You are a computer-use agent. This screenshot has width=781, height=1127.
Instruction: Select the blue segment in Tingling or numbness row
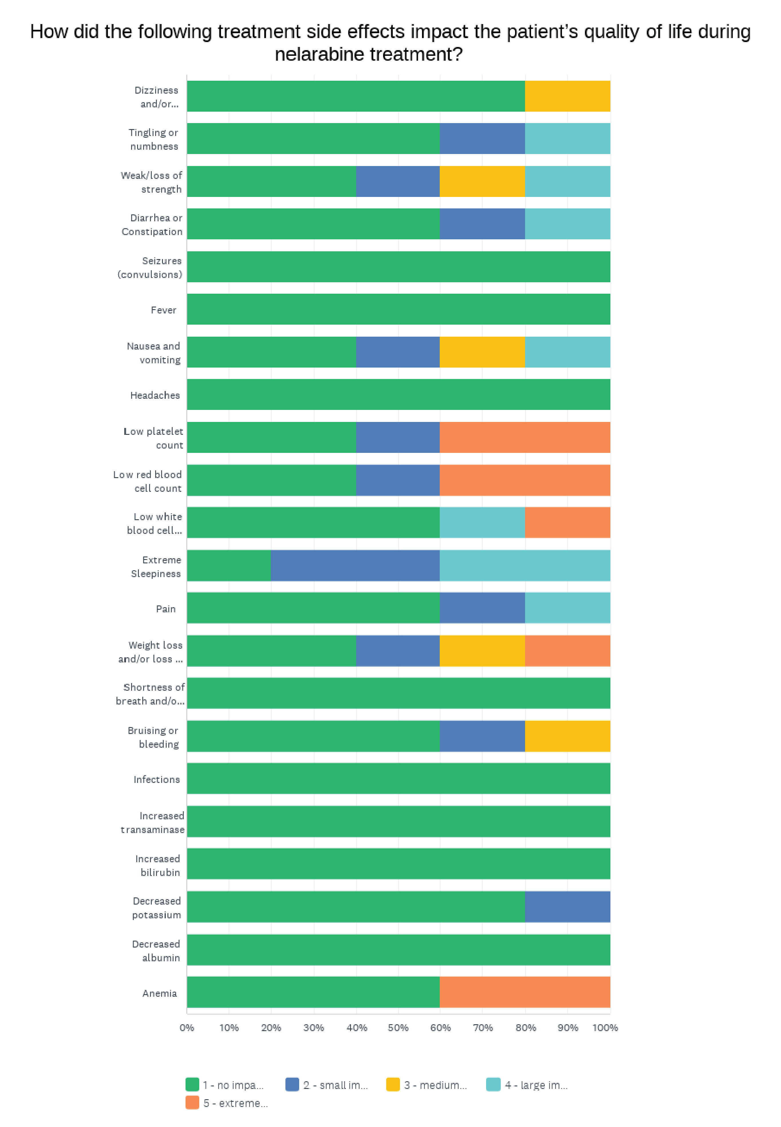click(x=482, y=139)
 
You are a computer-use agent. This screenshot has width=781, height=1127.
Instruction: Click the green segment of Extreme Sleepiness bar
click(x=228, y=565)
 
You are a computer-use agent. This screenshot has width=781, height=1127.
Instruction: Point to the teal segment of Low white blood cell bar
click(x=482, y=522)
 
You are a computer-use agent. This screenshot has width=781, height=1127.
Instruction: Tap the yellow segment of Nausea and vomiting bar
click(x=482, y=352)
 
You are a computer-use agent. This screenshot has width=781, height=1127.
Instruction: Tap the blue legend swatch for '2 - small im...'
click(x=292, y=1084)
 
